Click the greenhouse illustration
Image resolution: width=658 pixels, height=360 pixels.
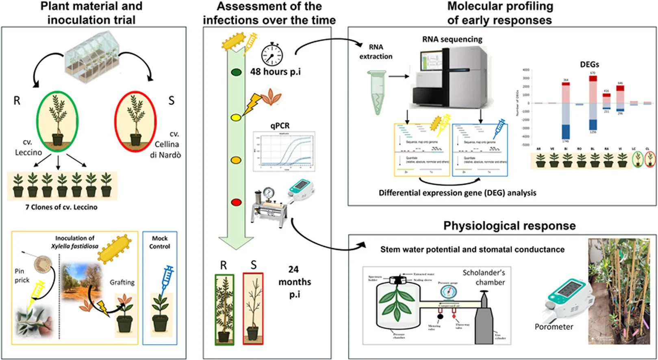(x=93, y=58)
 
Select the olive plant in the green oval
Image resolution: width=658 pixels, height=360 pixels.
(x=57, y=121)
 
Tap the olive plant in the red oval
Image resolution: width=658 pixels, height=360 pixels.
(x=135, y=121)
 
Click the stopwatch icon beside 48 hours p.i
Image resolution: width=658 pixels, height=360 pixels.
(x=272, y=54)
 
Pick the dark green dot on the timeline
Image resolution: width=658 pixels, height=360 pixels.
(x=236, y=73)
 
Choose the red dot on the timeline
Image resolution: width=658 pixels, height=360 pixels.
(x=236, y=202)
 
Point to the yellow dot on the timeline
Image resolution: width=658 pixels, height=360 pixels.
(x=236, y=117)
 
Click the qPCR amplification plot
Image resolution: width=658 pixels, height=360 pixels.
(x=284, y=152)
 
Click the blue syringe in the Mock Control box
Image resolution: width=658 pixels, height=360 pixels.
(x=167, y=278)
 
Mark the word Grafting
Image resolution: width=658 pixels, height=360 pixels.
(x=122, y=282)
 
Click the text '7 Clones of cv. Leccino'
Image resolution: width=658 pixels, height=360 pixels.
(x=61, y=207)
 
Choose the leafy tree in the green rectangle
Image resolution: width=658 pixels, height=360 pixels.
(x=224, y=309)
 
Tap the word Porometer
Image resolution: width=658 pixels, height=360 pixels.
(x=554, y=327)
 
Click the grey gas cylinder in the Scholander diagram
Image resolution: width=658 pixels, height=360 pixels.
(x=484, y=321)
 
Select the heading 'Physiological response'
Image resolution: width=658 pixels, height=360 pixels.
(x=509, y=226)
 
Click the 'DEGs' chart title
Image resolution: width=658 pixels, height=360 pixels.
(x=589, y=65)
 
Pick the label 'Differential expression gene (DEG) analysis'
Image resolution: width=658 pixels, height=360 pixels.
(x=457, y=193)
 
